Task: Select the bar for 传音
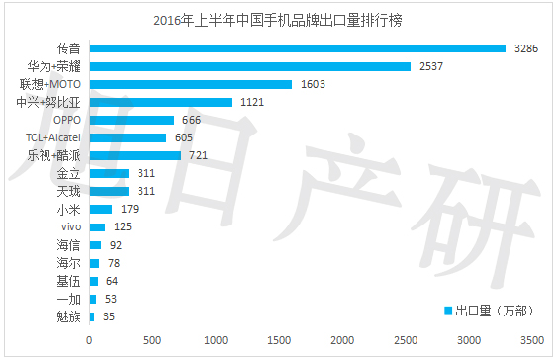[x=297, y=48]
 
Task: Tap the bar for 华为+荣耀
[x=249, y=66]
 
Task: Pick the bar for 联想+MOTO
[x=191, y=84]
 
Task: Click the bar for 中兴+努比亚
[x=160, y=102]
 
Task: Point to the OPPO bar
[x=132, y=120]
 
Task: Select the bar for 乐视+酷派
[x=136, y=155]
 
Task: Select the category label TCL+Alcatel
[x=53, y=137]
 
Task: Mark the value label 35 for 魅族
[x=108, y=316]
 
